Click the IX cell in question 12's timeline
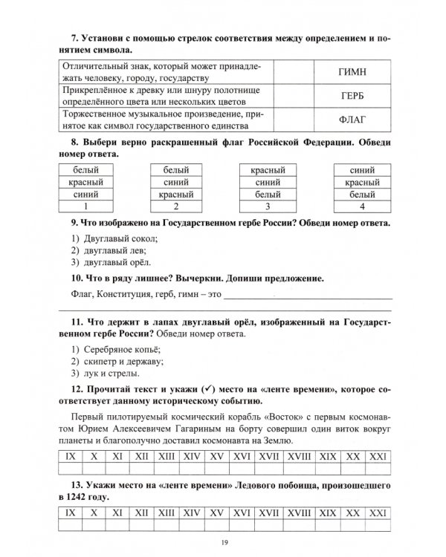click(x=70, y=452)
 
